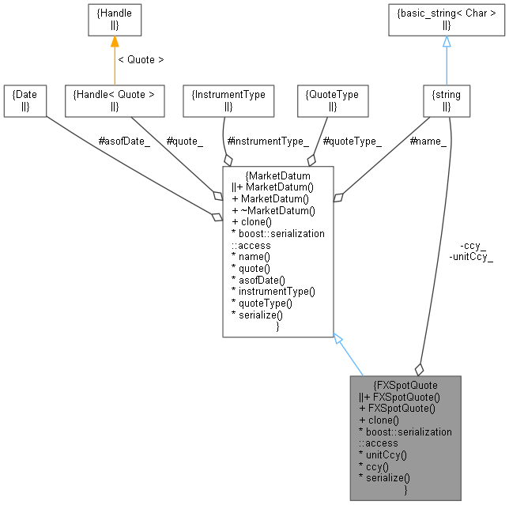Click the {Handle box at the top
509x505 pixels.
pos(114,21)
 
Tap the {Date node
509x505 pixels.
pos(25,100)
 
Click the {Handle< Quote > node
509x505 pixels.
pos(114,100)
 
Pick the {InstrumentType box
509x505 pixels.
pos(228,100)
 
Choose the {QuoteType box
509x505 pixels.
pos(332,100)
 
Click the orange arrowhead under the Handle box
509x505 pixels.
pos(114,42)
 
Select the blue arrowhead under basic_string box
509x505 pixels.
pos(447,42)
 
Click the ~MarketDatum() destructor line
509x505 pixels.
pos(273,209)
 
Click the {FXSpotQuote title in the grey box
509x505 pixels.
pos(405,385)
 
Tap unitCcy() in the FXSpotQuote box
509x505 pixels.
pos(382,455)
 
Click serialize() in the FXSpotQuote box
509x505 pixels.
pos(384,479)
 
